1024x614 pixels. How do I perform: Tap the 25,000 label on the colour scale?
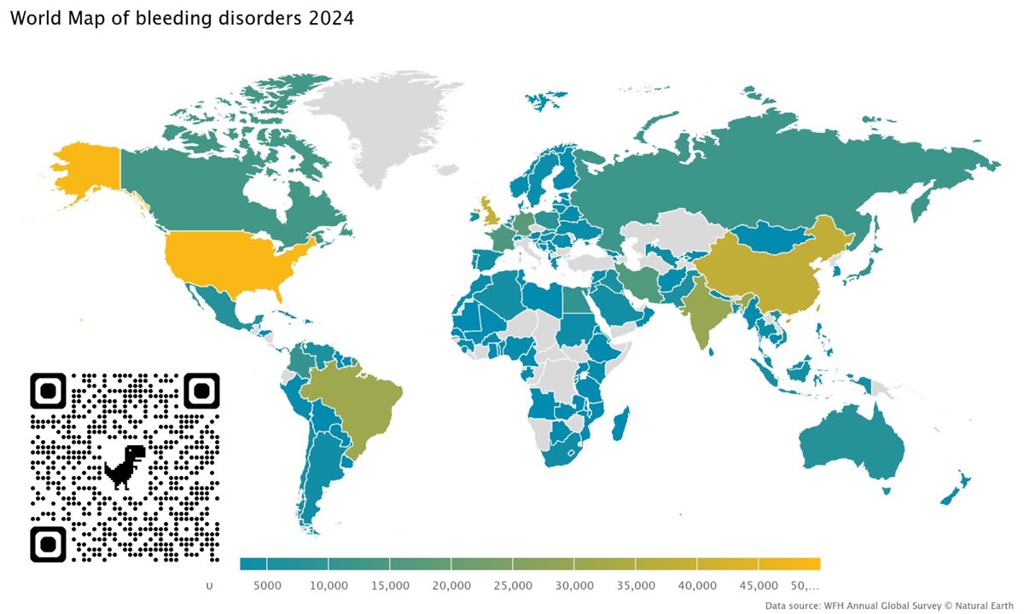coord(513,586)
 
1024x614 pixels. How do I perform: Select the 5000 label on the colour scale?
coord(267,586)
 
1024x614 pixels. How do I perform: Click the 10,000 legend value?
coord(329,586)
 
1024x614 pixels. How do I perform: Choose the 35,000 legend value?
coord(636,586)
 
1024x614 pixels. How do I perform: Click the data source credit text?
coord(888,605)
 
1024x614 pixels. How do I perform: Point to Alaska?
coord(85,171)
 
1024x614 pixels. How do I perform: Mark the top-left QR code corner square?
coord(49,391)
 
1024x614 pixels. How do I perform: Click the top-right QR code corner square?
coord(201,391)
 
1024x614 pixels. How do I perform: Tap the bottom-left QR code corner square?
coord(49,544)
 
